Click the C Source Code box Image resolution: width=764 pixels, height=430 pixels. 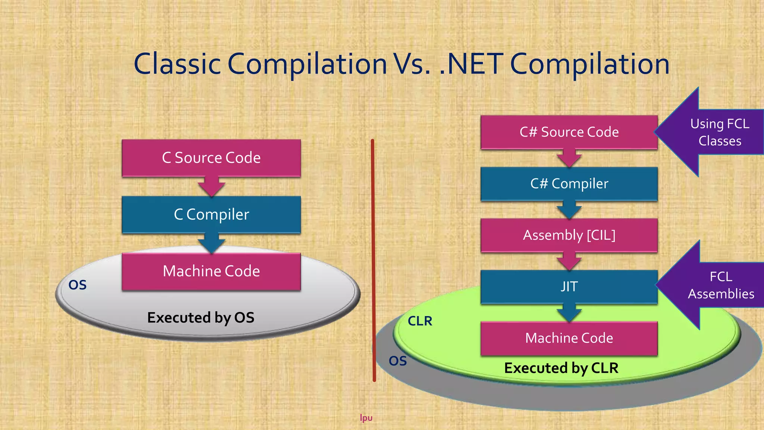pos(211,158)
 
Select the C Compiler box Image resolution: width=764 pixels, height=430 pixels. pos(211,215)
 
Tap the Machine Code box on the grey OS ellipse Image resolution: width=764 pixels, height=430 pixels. pos(211,271)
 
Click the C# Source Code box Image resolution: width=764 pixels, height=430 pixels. pos(569,132)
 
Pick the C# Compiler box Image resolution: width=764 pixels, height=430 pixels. pos(569,184)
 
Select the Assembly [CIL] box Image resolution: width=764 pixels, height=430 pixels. pos(569,235)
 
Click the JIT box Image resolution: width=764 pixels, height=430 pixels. pos(569,287)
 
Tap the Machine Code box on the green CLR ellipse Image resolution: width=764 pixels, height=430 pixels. pos(569,338)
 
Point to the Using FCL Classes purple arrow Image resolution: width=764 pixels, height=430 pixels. pos(716,132)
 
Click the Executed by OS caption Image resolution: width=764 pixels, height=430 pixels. pos(201,318)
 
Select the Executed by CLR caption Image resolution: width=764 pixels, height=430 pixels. pos(561,368)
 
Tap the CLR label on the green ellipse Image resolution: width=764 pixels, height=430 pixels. pos(420,321)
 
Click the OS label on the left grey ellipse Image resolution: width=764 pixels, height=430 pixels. pos(78,285)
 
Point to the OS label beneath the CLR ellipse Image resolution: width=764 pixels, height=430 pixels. pos(398,361)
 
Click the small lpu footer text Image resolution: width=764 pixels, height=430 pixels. pos(366,418)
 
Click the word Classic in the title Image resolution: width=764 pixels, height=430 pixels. pos(177,64)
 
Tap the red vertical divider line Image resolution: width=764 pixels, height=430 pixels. pos(373,261)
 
